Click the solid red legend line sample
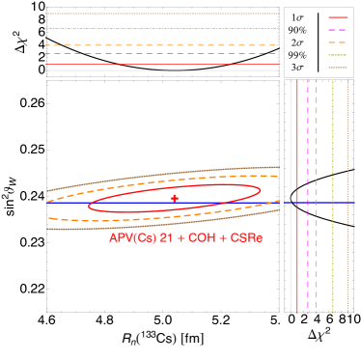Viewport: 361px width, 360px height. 338,17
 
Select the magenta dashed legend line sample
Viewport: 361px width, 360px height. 338,30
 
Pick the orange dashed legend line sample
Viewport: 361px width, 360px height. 338,42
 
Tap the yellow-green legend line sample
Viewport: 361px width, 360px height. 338,55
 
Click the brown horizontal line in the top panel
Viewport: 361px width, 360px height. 162,14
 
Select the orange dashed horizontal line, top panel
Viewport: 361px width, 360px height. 162,45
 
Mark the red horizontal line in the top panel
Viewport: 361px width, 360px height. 162,64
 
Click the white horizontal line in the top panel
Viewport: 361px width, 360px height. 162,70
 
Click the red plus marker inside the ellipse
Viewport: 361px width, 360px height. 175,198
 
